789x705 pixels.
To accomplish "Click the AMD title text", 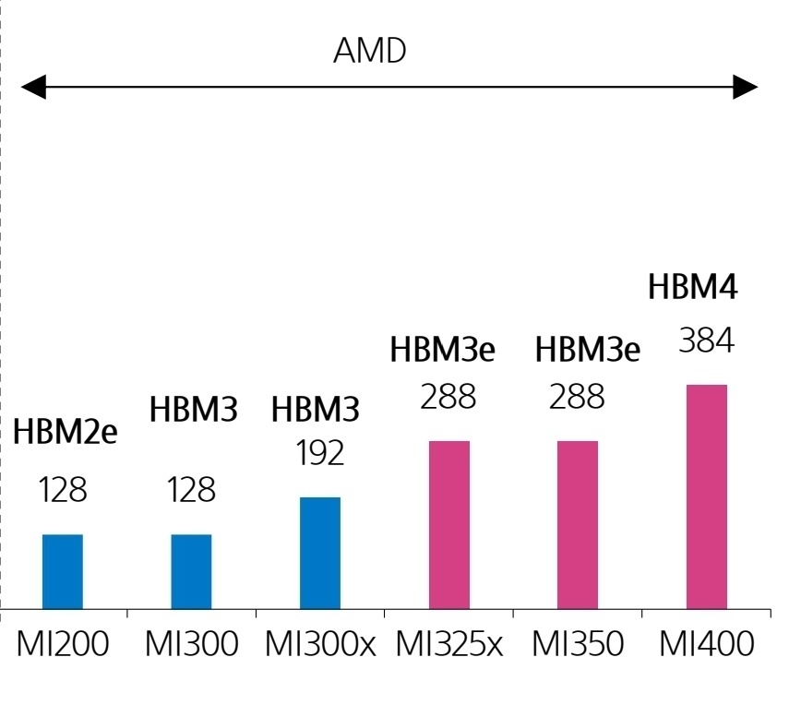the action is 370,51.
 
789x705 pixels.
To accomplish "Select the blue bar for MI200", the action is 63,571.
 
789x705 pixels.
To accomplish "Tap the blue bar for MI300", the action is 191,571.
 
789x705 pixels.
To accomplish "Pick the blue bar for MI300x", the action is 320,553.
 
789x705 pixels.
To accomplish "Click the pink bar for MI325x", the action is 449,525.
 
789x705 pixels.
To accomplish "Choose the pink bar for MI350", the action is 578,525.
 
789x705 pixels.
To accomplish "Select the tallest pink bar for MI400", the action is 707,496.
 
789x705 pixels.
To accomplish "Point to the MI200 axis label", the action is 63,643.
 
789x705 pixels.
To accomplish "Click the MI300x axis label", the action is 320,643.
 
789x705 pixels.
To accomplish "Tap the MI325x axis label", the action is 449,643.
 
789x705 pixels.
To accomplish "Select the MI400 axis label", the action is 707,643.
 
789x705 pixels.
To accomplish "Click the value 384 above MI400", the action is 707,341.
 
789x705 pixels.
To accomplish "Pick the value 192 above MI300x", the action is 320,453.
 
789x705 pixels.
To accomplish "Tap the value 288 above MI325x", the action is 448,397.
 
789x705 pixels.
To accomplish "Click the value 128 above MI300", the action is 191,490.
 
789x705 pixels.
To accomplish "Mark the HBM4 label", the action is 693,287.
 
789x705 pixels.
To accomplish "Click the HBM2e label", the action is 65,432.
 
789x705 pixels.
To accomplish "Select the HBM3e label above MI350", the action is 587,350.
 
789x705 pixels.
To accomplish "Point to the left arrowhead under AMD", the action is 33,87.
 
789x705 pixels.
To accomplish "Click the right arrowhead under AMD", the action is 746,87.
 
